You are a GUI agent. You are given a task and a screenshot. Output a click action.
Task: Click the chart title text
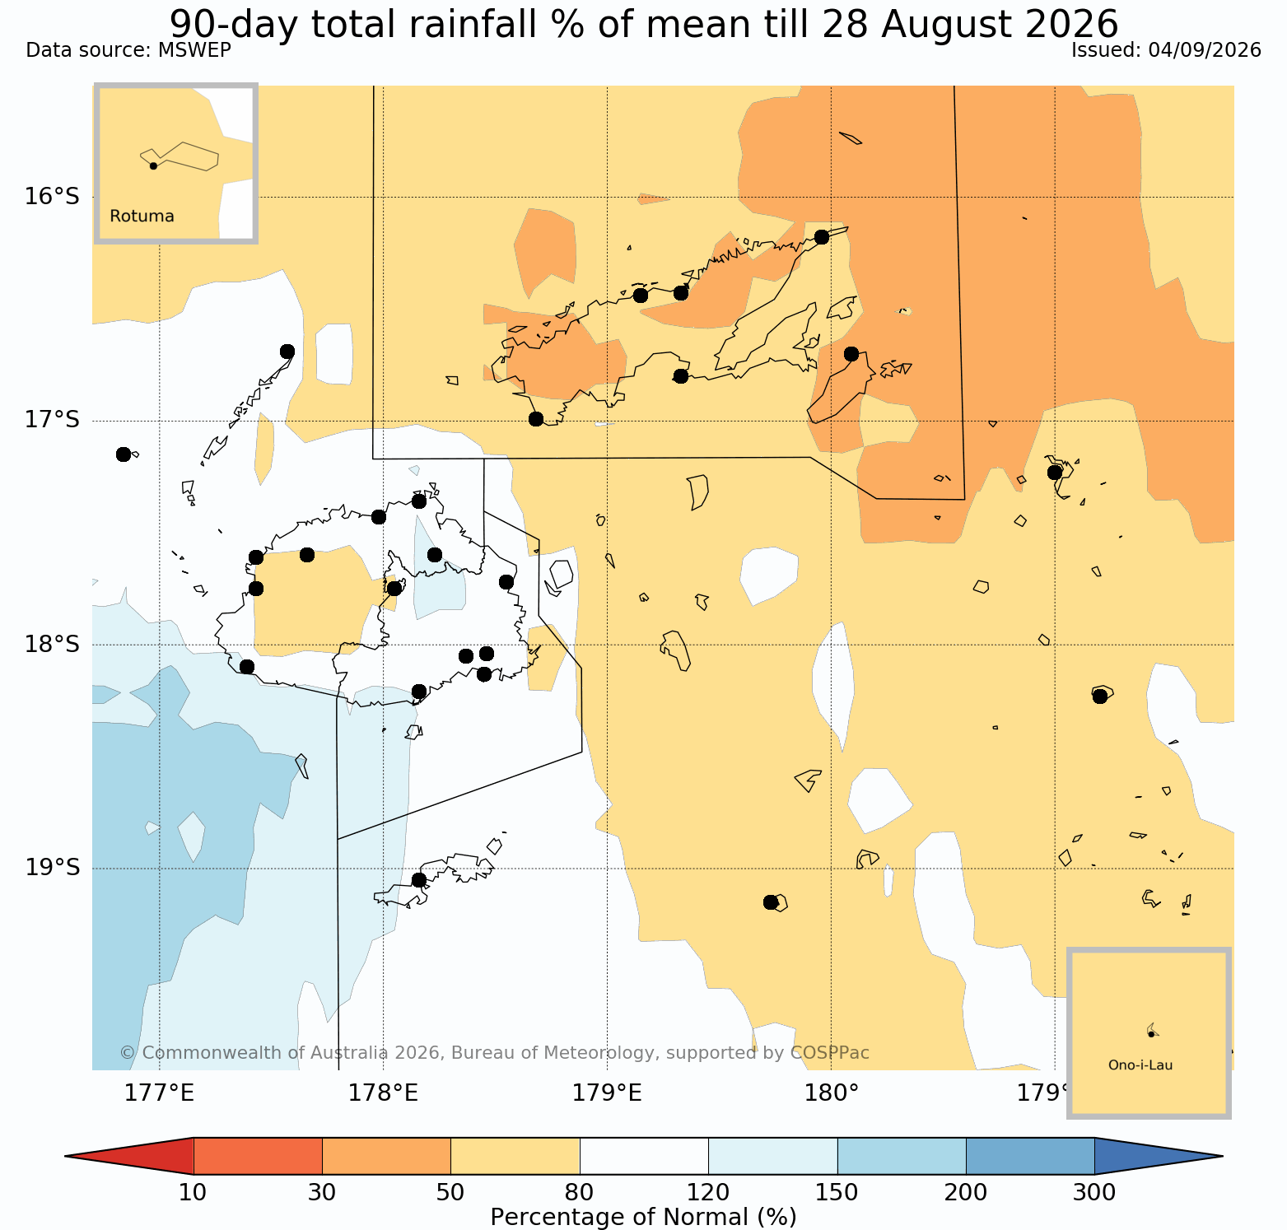644,24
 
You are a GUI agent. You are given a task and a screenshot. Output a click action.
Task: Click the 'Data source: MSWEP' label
128,50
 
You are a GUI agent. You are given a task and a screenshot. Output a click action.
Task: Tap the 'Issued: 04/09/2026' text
1166,50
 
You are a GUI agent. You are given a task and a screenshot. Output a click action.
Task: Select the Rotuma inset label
142,217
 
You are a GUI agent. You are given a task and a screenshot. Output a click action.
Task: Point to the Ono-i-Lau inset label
1140,1065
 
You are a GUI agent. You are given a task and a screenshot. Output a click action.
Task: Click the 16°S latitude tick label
52,197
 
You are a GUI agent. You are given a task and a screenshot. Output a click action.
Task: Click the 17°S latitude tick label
52,421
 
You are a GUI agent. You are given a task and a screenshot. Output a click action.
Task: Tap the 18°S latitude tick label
52,645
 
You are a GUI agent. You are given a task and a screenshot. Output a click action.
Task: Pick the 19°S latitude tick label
52,868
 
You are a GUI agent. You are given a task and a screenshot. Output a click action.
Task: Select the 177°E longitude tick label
159,1093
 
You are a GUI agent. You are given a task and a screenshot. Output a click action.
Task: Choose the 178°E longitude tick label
383,1093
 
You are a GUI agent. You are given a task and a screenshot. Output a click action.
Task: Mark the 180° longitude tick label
831,1093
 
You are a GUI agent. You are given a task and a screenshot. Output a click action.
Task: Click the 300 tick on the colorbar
1094,1192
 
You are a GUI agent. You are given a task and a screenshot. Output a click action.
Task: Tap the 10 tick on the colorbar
193,1192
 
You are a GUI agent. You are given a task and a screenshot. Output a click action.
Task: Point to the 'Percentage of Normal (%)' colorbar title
643,1217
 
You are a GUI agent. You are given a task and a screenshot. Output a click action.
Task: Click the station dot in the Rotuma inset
153,165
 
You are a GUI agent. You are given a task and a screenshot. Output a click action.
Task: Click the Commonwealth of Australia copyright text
494,1053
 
